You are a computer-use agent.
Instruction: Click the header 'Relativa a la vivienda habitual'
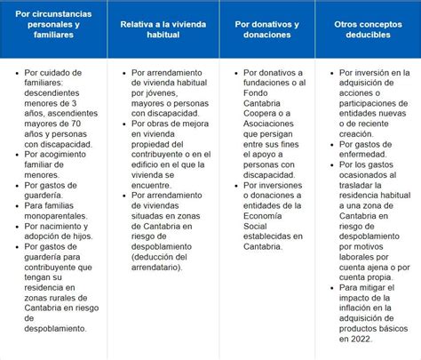point(158,27)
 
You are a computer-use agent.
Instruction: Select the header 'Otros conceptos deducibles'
point(366,27)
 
